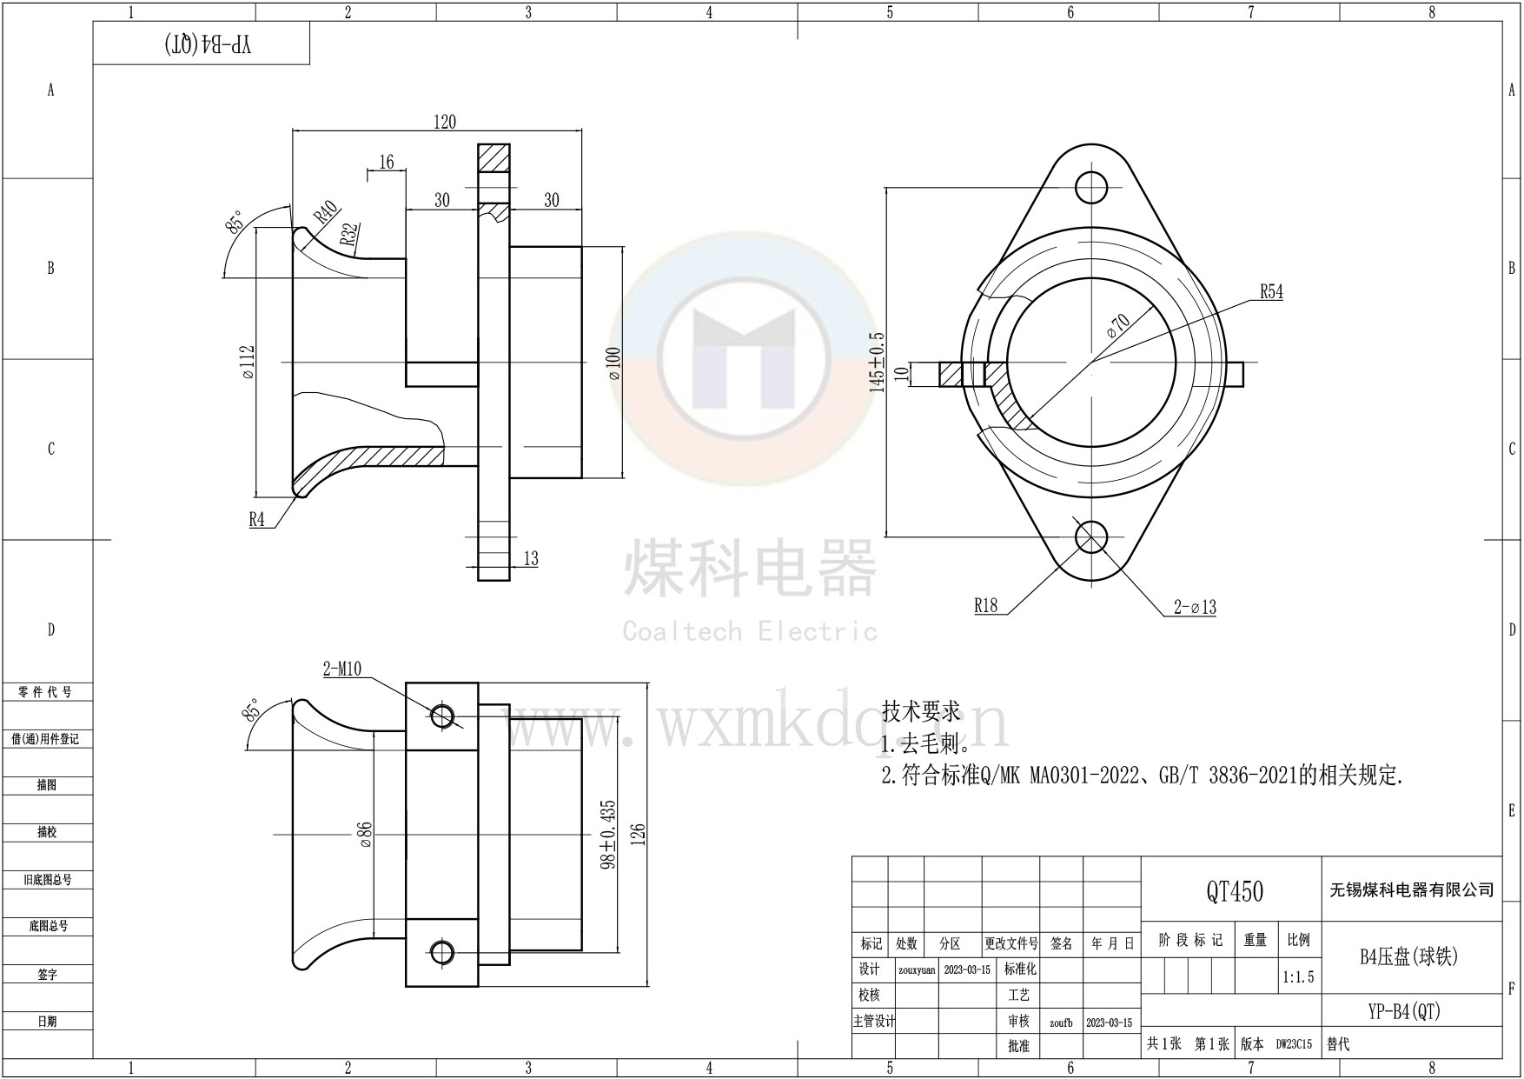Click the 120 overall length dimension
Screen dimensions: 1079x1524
(444, 122)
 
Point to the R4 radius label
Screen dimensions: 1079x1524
(257, 520)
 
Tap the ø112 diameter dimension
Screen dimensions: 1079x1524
(248, 363)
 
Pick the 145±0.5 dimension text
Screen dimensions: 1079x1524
(877, 363)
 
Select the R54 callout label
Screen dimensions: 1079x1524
(1271, 292)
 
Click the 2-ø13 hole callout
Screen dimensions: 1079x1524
(1195, 608)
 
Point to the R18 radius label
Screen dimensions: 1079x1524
(986, 606)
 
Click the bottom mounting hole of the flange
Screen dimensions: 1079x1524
(1091, 536)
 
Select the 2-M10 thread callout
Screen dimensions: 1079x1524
(341, 669)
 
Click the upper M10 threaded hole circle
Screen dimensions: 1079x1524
(441, 716)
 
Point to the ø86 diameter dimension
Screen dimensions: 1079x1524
(365, 835)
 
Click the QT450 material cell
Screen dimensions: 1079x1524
(1235, 890)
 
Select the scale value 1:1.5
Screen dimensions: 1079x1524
(1298, 977)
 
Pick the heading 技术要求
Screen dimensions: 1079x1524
(921, 711)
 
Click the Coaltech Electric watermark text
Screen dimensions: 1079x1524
(750, 631)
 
